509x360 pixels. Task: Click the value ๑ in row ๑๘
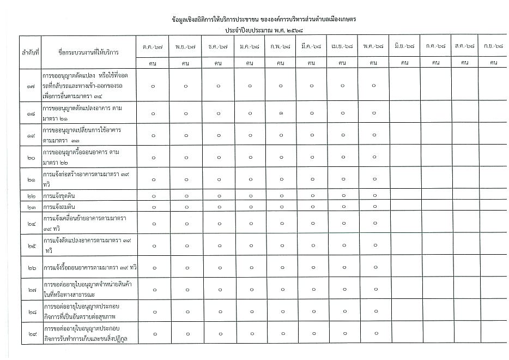point(281,113)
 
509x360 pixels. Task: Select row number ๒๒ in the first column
point(31,196)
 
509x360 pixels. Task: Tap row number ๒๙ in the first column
point(31,333)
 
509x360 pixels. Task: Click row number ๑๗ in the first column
point(31,86)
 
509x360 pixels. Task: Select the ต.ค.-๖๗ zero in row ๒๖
point(153,267)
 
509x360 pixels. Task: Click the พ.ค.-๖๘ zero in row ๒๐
point(374,157)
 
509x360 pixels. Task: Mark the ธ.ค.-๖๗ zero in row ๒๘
point(217,311)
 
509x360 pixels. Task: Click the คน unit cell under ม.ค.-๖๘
point(249,63)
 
